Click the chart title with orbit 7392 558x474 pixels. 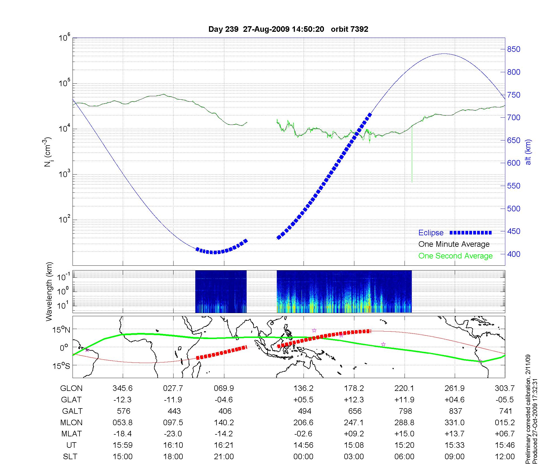pyautogui.click(x=288, y=29)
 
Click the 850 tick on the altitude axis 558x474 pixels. pyautogui.click(x=514, y=49)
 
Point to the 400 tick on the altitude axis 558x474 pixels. pyautogui.click(x=514, y=254)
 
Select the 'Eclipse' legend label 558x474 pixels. pyautogui.click(x=431, y=233)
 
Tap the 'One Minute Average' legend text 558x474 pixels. pyautogui.click(x=454, y=244)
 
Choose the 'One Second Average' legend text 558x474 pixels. pyautogui.click(x=455, y=256)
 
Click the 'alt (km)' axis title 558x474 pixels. pyautogui.click(x=528, y=152)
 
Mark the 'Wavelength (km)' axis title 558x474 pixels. pyautogui.click(x=49, y=291)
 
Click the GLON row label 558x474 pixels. pyautogui.click(x=71, y=388)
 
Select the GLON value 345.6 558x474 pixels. pyautogui.click(x=122, y=388)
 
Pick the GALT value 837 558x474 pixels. pyautogui.click(x=455, y=411)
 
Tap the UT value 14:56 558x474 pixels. pyautogui.click(x=303, y=445)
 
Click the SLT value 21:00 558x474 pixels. pyautogui.click(x=224, y=457)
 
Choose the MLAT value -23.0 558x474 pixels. pyautogui.click(x=173, y=434)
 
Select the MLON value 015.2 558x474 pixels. pyautogui.click(x=505, y=423)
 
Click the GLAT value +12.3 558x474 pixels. pyautogui.click(x=354, y=400)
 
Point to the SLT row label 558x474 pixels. pyautogui.click(x=70, y=457)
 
